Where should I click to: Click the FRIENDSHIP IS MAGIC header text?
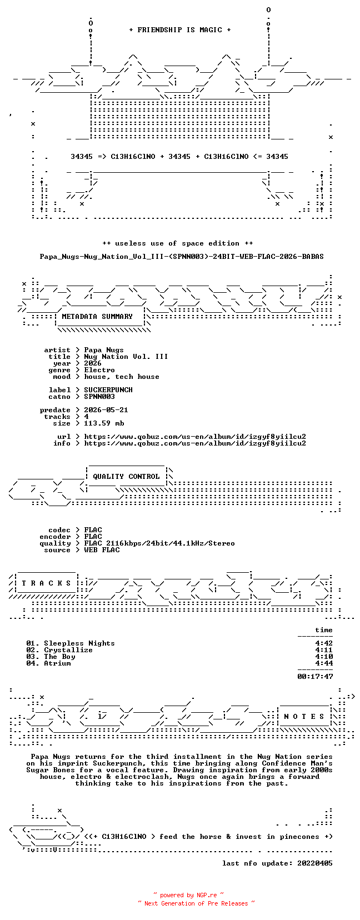pyautogui.click(x=180, y=30)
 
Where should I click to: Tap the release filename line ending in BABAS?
pyautogui.click(x=182, y=257)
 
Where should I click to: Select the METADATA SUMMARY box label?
pyautogui.click(x=97, y=317)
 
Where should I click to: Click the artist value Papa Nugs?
pyautogui.click(x=104, y=350)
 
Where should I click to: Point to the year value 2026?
pyautogui.click(x=93, y=363)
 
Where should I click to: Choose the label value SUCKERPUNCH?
pyautogui.click(x=108, y=390)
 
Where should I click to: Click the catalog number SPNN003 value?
pyautogui.click(x=99, y=397)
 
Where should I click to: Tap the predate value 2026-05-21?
pyautogui.click(x=106, y=410)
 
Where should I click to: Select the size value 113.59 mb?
pyautogui.click(x=104, y=423)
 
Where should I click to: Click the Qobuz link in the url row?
pyautogui.click(x=195, y=437)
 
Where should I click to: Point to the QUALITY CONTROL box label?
pyautogui.click(x=126, y=477)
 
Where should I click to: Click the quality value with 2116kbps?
pyautogui.click(x=159, y=543)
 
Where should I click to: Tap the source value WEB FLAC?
pyautogui.click(x=102, y=550)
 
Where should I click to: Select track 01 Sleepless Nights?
pyautogui.click(x=70, y=643)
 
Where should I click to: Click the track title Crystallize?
pyautogui.click(x=68, y=650)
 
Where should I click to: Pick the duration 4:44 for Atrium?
pyautogui.click(x=324, y=663)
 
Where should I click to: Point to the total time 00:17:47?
pyautogui.click(x=315, y=677)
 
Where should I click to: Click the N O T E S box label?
pyautogui.click(x=304, y=717)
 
